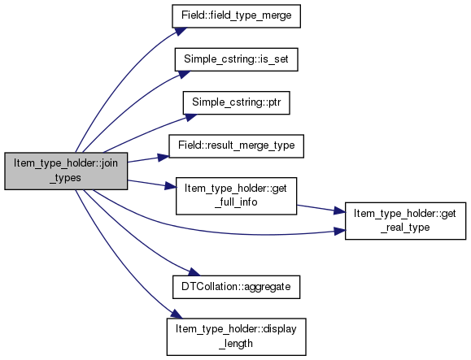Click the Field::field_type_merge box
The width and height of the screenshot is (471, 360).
(x=236, y=16)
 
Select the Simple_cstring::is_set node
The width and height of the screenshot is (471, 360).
(x=236, y=59)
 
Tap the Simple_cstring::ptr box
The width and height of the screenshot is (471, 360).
(x=237, y=102)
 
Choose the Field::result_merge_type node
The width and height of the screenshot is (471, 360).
(x=236, y=146)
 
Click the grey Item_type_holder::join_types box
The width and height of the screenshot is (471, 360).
(x=66, y=171)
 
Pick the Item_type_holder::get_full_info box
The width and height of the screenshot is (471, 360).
(x=236, y=196)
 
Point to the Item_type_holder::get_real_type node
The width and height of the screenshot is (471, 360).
(x=405, y=221)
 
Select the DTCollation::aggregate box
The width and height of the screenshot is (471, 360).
(x=236, y=287)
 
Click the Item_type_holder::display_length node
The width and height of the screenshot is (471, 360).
(x=237, y=337)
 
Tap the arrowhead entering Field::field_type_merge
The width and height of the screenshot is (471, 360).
(x=181, y=31)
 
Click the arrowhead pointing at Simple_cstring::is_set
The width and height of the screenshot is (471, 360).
(x=184, y=74)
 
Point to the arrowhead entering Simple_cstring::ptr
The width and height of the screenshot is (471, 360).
(x=190, y=117)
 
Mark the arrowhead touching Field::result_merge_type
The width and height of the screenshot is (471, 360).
(x=164, y=157)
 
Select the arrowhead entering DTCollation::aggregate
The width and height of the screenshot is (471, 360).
(x=194, y=272)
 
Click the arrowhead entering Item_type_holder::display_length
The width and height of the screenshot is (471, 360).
(x=177, y=314)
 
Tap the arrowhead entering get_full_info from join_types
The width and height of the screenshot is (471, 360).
(x=170, y=186)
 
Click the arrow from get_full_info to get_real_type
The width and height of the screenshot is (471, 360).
(x=321, y=209)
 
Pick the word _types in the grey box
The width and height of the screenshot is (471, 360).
(x=65, y=178)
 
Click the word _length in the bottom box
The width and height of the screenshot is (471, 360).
(x=236, y=344)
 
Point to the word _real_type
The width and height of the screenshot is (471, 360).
(x=405, y=228)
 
